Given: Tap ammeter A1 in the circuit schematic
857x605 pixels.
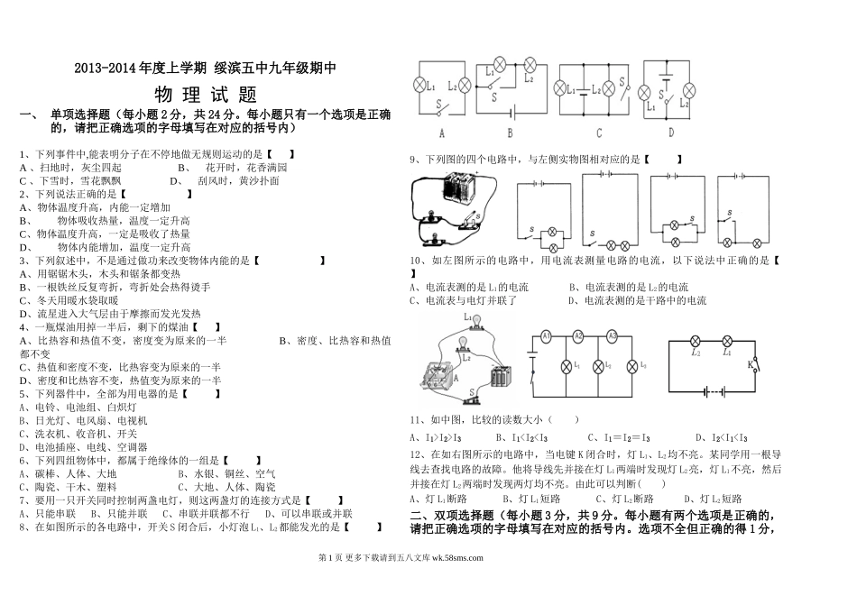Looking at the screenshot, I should pyautogui.click(x=545, y=336).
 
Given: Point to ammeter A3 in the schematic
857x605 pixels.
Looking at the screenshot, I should pyautogui.click(x=612, y=336).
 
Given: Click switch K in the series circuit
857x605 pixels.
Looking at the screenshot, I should pyautogui.click(x=751, y=364).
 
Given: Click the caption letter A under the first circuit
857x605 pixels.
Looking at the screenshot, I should pyautogui.click(x=442, y=133).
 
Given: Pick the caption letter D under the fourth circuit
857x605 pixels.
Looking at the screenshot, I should pyautogui.click(x=670, y=132).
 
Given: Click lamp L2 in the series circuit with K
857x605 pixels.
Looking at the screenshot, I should pyautogui.click(x=696, y=341).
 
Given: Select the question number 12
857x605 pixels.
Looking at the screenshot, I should pyautogui.click(x=415, y=453).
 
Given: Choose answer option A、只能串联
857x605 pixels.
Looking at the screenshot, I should pyautogui.click(x=43, y=514).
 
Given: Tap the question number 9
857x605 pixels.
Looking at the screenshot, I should pyautogui.click(x=412, y=160).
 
